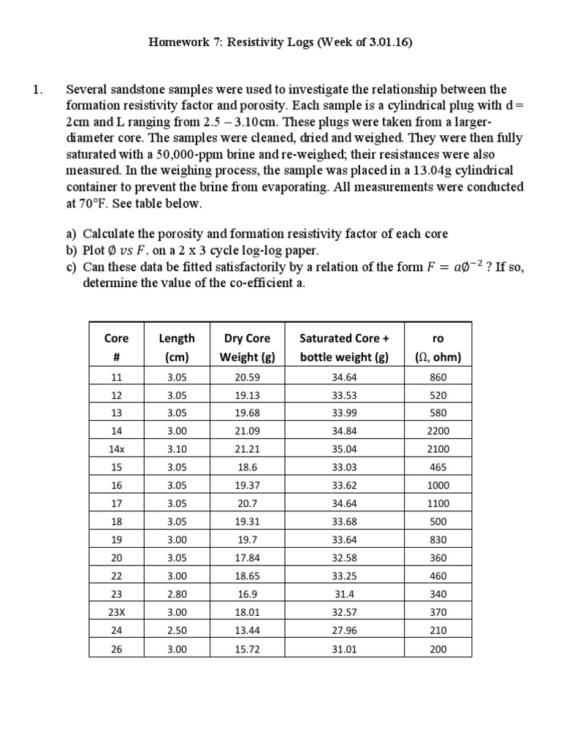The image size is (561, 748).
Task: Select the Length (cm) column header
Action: point(177,348)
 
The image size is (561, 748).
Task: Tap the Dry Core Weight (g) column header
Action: point(247,348)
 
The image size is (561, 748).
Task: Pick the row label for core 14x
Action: point(116,449)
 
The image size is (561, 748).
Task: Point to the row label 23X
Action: point(116,612)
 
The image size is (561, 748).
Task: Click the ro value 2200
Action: point(438,431)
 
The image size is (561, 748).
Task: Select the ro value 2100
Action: point(438,449)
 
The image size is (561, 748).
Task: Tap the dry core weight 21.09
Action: point(247,431)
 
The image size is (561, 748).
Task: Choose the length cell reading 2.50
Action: point(177,630)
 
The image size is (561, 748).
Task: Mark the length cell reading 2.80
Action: point(177,594)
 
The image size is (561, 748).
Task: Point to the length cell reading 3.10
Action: point(177,449)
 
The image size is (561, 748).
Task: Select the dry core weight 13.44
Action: point(247,630)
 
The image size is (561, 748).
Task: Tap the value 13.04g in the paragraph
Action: point(429,171)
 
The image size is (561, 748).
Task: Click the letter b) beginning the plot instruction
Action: point(72,251)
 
